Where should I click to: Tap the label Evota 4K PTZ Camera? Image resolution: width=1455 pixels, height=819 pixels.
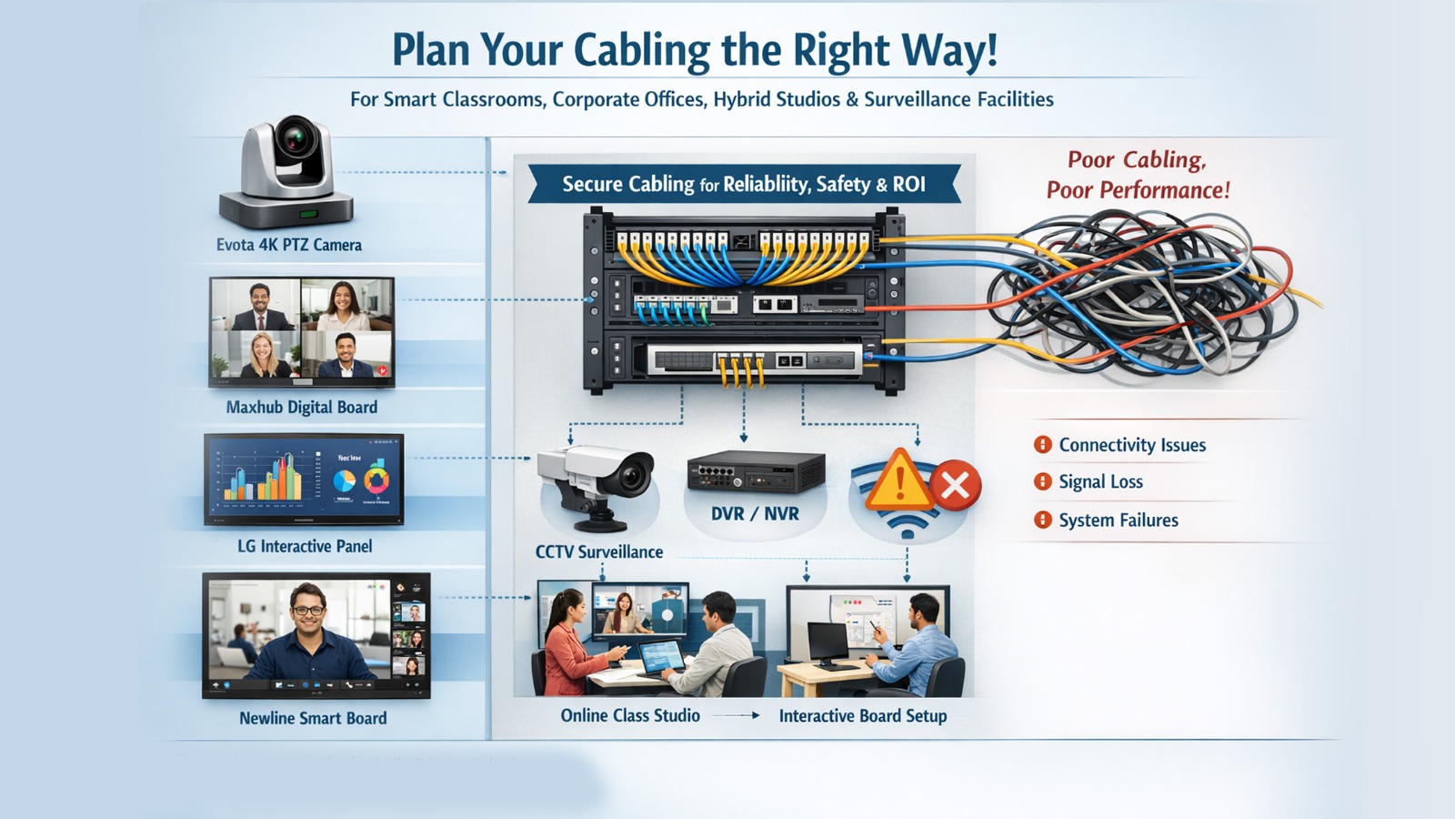(x=288, y=245)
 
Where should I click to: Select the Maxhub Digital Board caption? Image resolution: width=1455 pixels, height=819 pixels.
(x=301, y=407)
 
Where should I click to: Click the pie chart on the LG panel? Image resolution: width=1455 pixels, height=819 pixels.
(x=344, y=480)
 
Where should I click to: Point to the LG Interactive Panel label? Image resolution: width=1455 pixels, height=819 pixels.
(x=305, y=546)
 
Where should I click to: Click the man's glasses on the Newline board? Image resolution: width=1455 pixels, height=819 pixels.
(x=308, y=610)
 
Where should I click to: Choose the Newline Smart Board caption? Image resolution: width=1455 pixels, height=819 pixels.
(x=313, y=718)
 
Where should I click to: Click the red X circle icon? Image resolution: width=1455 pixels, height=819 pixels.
(x=955, y=485)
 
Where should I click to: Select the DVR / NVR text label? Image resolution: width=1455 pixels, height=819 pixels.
(x=755, y=514)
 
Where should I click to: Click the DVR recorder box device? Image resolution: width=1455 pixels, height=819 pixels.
(x=755, y=472)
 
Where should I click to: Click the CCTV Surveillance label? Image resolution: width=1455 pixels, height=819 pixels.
(x=598, y=551)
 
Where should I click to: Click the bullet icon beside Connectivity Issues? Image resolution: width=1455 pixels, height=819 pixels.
(x=1042, y=445)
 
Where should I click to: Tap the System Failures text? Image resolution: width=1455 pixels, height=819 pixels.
(x=1118, y=521)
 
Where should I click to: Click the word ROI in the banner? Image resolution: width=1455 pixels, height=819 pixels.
(x=908, y=185)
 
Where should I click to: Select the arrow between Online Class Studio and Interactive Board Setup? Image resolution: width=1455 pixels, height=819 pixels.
(x=738, y=716)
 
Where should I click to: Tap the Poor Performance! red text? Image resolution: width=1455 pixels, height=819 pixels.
(x=1138, y=190)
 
